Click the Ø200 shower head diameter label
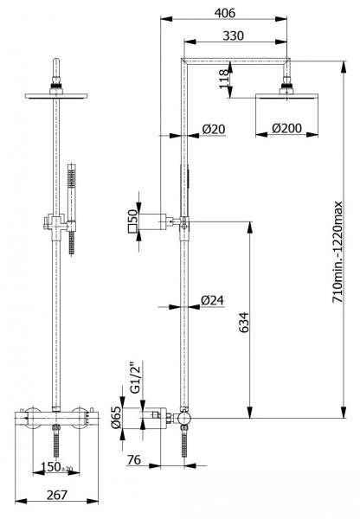point(286,129)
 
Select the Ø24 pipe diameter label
point(213,300)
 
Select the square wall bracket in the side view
point(157,221)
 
